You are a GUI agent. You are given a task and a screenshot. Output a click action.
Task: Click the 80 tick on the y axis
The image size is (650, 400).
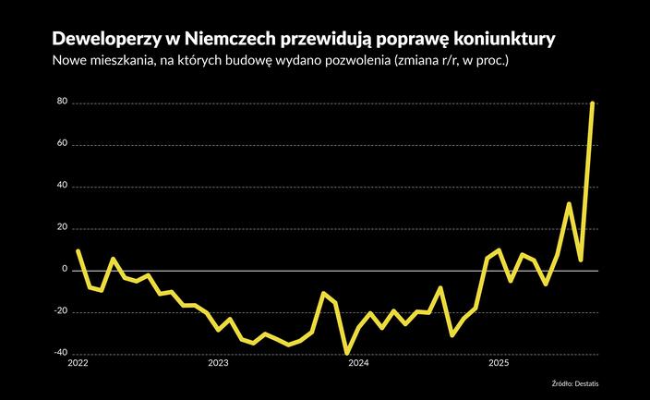(63, 103)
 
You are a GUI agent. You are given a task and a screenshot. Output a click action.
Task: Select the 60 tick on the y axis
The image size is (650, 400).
(63, 145)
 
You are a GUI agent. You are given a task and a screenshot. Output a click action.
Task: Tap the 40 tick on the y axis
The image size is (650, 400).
(63, 187)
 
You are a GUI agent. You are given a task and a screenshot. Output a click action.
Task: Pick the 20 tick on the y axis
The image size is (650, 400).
(63, 228)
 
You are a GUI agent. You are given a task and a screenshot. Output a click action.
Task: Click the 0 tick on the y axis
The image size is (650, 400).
(66, 270)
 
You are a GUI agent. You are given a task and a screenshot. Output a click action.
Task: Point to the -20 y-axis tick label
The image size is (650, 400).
(61, 312)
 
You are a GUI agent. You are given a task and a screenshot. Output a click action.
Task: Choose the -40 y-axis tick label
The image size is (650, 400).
(61, 354)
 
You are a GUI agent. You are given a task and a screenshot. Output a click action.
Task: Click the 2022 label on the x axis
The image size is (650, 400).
(78, 364)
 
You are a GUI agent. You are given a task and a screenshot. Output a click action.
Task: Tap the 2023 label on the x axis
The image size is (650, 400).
(218, 364)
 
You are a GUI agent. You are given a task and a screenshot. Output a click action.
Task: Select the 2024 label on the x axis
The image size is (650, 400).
(358, 364)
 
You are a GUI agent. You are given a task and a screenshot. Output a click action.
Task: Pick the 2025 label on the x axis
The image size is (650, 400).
(499, 364)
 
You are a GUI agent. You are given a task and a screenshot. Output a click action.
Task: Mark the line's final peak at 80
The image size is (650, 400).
(592, 103)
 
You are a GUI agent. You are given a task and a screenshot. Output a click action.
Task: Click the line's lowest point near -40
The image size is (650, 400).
(347, 353)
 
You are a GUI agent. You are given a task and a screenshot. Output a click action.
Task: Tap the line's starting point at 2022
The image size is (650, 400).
(78, 250)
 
